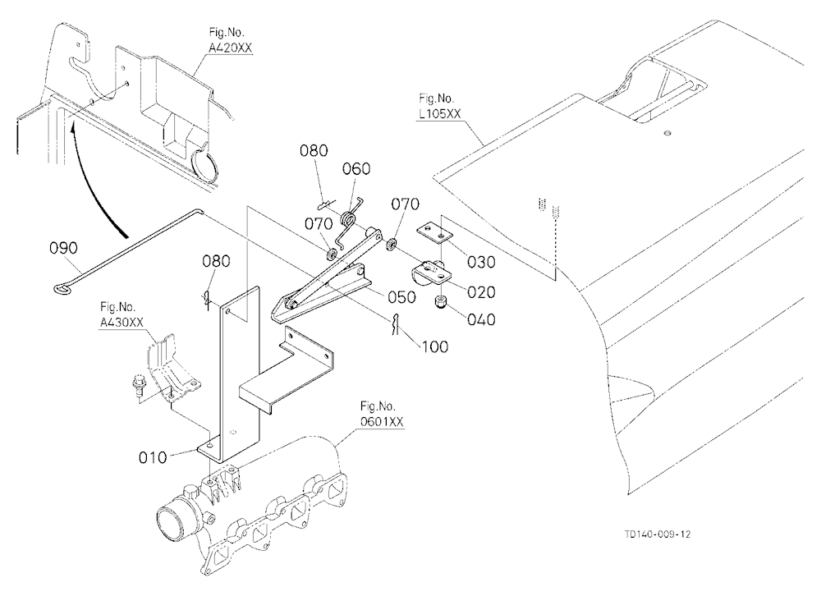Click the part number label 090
[x=63, y=247]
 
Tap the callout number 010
[x=153, y=457]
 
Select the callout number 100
[x=434, y=346]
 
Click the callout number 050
[x=401, y=297]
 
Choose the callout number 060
[x=356, y=169]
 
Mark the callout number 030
[x=481, y=262]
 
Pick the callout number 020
[x=481, y=291]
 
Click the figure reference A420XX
[x=231, y=48]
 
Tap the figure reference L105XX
[x=440, y=113]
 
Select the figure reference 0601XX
[x=382, y=421]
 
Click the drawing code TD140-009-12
[x=657, y=534]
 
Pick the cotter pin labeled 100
[x=397, y=325]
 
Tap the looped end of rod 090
[x=64, y=287]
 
